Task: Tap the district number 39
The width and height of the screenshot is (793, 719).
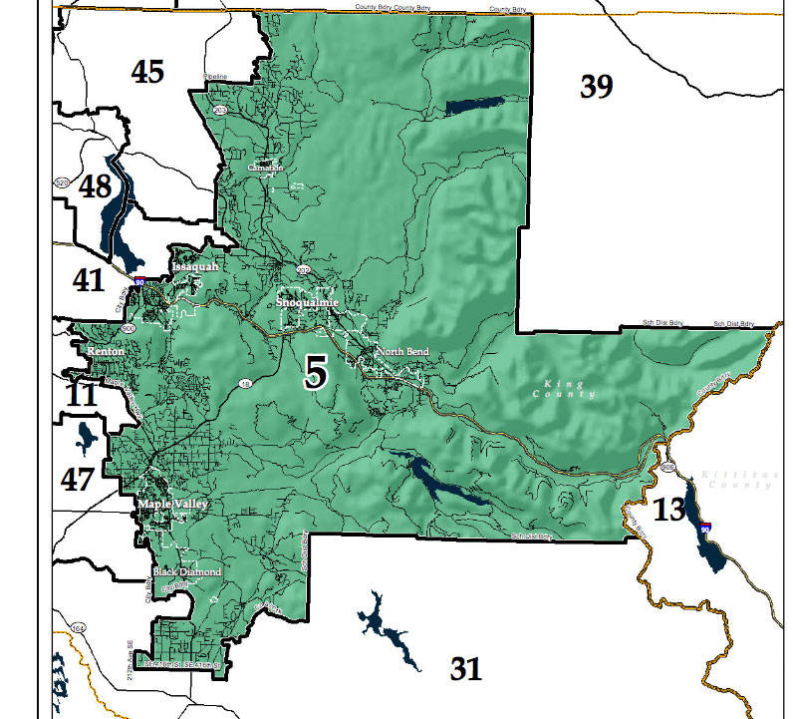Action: coord(596,87)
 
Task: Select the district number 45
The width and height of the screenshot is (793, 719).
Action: coord(147,72)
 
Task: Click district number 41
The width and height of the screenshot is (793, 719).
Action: coord(88,279)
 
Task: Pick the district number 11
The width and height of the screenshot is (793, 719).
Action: coord(81,395)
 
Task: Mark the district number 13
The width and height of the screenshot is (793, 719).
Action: coord(669,511)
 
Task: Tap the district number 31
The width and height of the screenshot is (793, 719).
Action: coord(465,667)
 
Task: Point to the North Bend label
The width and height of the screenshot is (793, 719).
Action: coord(401,352)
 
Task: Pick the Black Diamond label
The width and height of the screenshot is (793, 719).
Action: coord(186,572)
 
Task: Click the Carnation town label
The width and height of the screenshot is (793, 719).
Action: coord(266,168)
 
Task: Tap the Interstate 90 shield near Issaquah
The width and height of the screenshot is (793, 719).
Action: coord(143,282)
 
